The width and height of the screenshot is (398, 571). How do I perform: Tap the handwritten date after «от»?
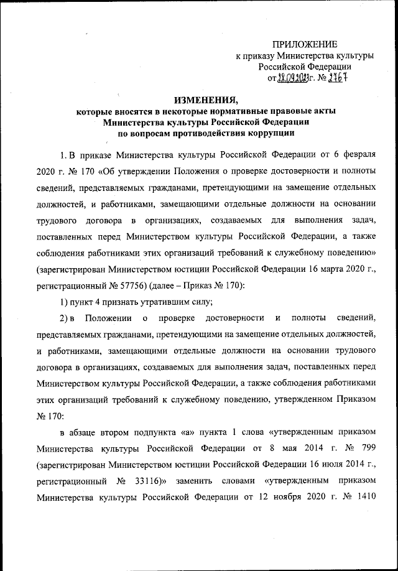(x=294, y=78)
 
